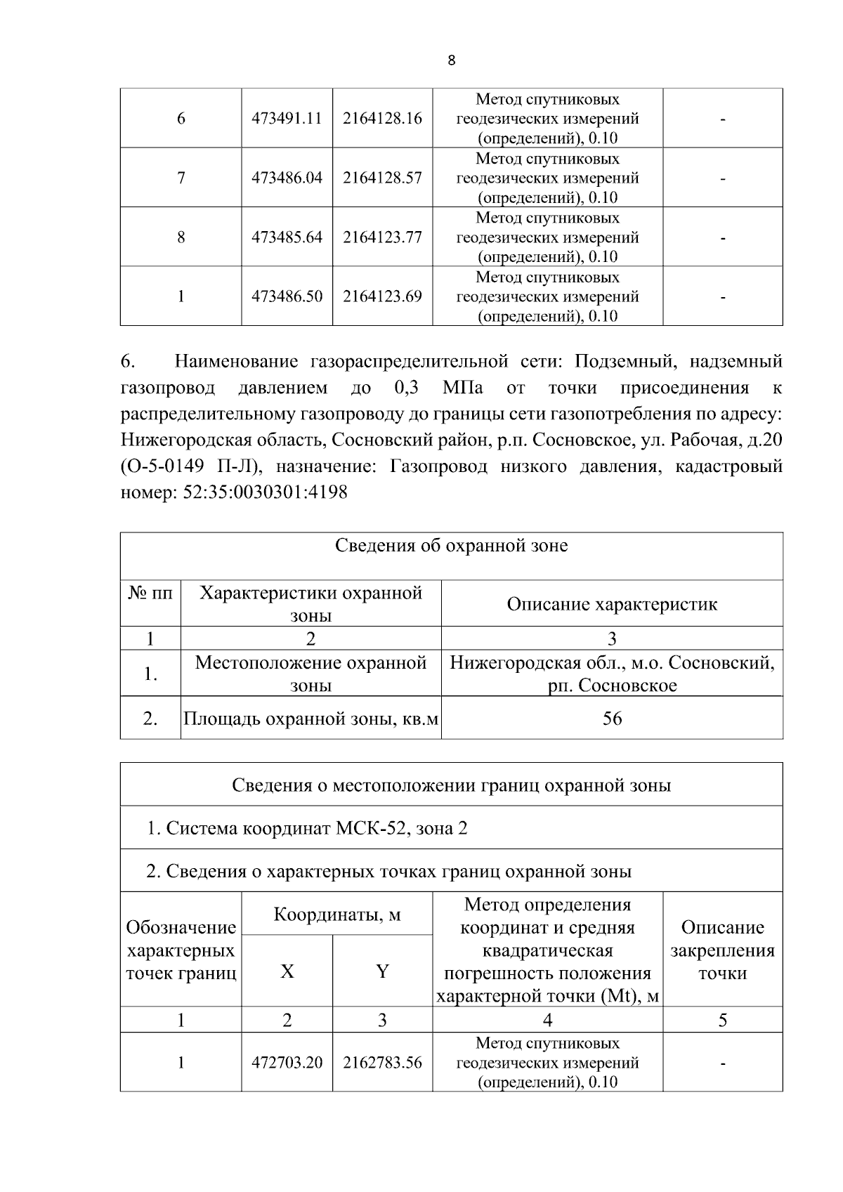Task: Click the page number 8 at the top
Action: click(451, 60)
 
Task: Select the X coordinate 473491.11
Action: click(287, 118)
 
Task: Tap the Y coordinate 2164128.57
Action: click(382, 178)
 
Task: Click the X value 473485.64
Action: click(287, 237)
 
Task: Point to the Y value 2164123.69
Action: click(382, 296)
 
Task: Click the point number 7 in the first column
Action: click(181, 178)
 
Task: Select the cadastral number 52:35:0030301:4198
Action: click(265, 492)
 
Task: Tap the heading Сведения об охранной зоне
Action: click(451, 546)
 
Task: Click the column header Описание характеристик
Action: click(612, 604)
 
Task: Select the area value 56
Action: click(612, 718)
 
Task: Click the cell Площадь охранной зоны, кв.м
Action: click(311, 719)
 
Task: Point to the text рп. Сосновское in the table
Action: click(612, 686)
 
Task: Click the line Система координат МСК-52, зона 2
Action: click(307, 828)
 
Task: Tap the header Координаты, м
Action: click(336, 915)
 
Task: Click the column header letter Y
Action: click(382, 971)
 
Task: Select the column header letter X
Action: click(287, 971)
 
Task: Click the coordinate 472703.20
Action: click(287, 1063)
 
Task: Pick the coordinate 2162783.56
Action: click(382, 1063)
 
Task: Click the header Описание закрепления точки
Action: click(722, 950)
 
